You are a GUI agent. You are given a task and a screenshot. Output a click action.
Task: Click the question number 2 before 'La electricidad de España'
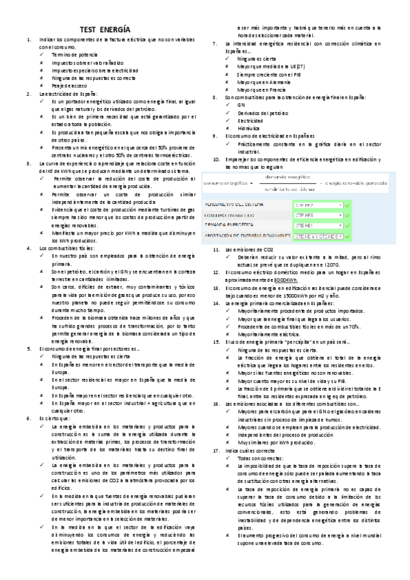tap(26, 94)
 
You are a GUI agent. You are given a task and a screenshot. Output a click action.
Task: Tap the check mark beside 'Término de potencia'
tap(42, 53)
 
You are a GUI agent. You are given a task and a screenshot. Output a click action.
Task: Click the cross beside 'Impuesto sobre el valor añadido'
tap(42, 62)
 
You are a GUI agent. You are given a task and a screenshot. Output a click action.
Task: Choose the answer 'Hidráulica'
tap(251, 127)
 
